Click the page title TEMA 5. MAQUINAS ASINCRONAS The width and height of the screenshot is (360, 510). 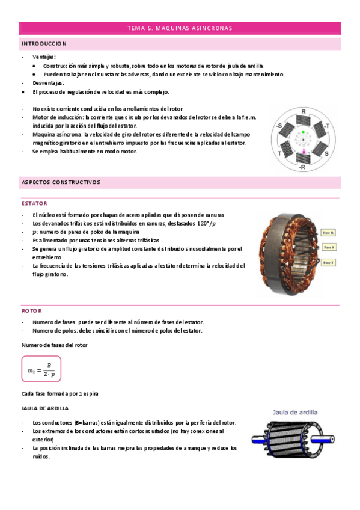click(180, 28)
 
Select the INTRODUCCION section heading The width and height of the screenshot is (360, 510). click(44, 44)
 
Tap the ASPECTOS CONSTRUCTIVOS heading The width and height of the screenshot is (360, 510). click(61, 182)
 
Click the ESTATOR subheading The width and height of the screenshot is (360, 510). click(34, 203)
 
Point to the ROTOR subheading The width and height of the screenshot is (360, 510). click(32, 310)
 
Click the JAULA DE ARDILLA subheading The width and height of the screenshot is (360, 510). click(45, 408)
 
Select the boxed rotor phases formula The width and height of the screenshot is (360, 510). click(41, 369)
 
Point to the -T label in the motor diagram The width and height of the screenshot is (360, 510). click(326, 126)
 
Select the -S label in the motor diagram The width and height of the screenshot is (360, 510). click(278, 126)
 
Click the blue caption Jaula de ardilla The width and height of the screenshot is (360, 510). click(296, 413)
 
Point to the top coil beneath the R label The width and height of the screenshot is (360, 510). click(303, 121)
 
